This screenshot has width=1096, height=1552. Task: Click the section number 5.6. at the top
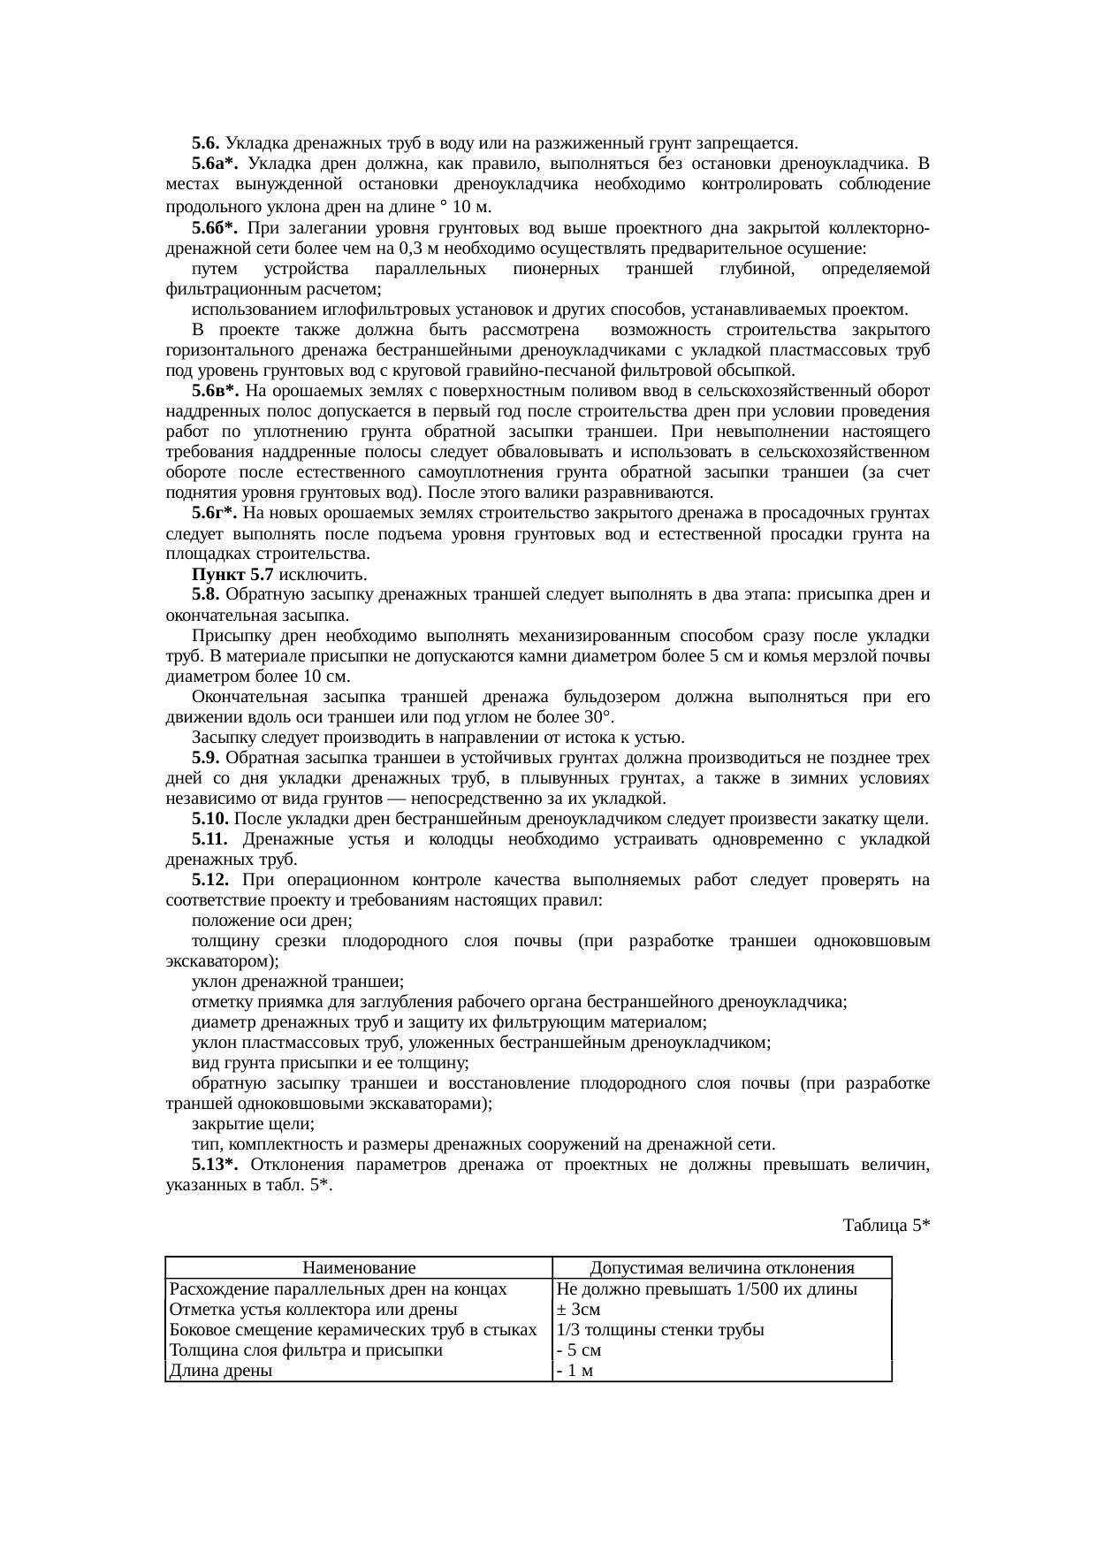pos(207,143)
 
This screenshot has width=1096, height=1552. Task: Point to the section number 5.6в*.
pos(216,391)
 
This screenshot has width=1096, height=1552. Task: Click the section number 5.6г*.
pos(215,514)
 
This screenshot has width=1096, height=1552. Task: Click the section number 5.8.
pos(207,595)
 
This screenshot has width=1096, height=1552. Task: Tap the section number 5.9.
pos(207,758)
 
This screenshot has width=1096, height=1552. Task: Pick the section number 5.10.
pos(211,819)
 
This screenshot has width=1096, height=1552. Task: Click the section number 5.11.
pos(211,839)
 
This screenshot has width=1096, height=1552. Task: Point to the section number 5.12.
pos(211,880)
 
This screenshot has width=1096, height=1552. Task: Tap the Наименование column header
pos(358,1268)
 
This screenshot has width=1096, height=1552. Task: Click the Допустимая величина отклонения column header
pos(722,1268)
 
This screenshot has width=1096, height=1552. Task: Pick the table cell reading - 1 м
pos(575,1371)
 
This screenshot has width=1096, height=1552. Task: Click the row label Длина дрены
pos(221,1371)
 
